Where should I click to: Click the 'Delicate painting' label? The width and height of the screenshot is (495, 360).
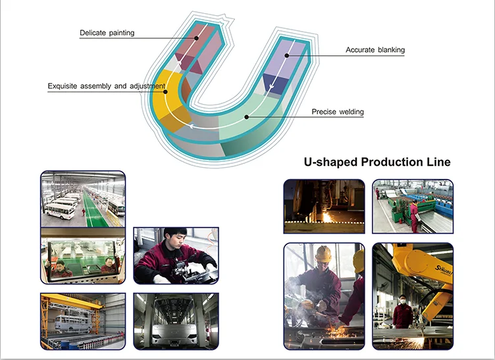point(107,33)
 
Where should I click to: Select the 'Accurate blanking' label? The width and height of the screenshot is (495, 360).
point(375,50)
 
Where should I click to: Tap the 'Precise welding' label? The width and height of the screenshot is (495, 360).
point(337,112)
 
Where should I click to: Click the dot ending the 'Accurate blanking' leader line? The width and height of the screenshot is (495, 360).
point(286,55)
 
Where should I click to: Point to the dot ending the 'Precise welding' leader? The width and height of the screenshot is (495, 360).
point(246,117)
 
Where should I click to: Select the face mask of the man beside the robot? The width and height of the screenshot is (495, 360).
point(402,301)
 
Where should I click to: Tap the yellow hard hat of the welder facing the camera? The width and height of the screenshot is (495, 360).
point(323,254)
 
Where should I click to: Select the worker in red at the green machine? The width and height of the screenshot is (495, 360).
point(413,214)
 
